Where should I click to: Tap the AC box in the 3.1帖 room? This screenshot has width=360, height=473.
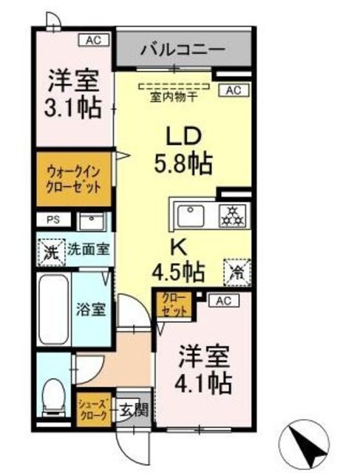93,40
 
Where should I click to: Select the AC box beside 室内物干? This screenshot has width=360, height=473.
234,90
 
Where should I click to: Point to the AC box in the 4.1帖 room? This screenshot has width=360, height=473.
226,300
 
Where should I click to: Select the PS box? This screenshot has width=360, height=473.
51,220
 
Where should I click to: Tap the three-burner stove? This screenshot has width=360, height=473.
234,216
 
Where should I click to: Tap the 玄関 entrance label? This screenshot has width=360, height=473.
130,408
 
